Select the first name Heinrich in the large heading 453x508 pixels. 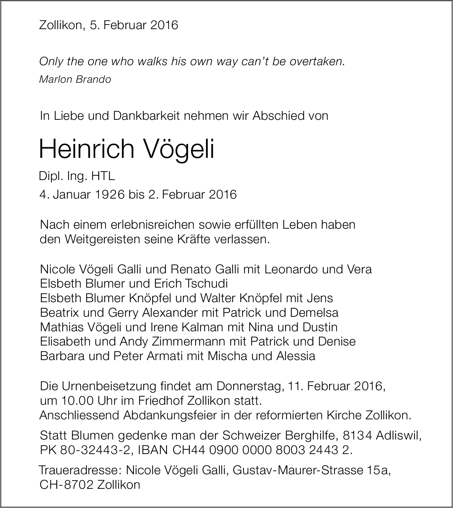click(x=87, y=149)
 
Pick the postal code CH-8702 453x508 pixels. click(x=66, y=485)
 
